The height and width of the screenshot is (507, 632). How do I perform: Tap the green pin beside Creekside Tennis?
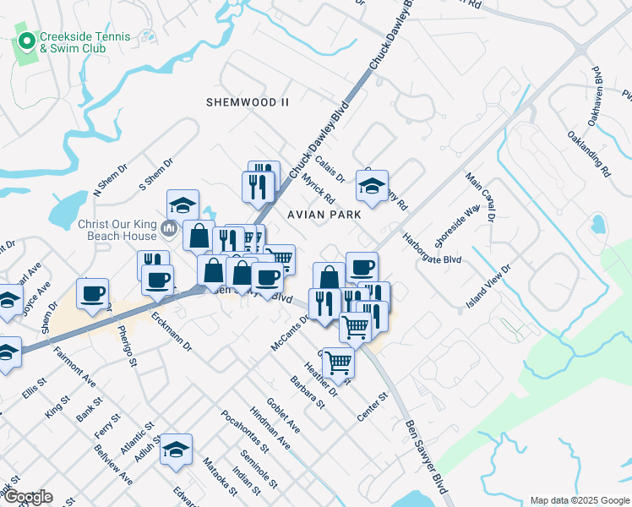pos(26,40)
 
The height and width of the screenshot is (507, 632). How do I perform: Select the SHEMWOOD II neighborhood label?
pos(248,101)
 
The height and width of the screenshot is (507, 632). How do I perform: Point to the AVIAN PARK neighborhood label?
pos(325,215)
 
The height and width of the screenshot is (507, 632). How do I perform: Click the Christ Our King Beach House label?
pos(117,230)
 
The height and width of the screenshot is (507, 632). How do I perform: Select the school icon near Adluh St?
pos(177,450)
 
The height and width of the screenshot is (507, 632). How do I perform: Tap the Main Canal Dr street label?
pos(480,198)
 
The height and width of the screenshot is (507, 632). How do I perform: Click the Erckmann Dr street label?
pos(172,332)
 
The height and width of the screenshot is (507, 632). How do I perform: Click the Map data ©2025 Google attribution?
pos(579,500)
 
